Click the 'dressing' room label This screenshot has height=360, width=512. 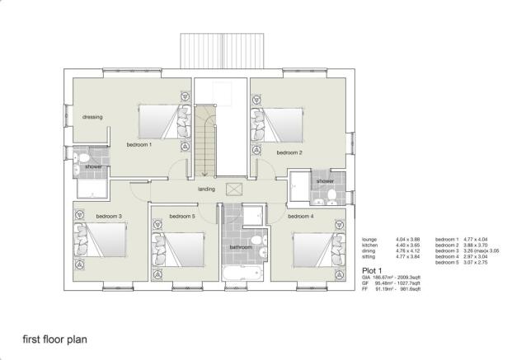92,118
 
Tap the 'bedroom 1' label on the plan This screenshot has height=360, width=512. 139,144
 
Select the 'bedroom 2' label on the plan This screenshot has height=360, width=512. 289,152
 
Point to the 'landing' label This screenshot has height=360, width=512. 206,189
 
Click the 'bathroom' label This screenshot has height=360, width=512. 241,247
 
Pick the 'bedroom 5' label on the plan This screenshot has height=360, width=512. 181,217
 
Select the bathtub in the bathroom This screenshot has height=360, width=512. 242,273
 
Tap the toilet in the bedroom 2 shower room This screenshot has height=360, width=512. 331,194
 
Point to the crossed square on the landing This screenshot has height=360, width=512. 232,189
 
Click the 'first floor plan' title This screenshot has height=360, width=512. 54,339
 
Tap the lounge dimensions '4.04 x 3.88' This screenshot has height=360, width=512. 407,239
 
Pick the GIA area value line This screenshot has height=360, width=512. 392,278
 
